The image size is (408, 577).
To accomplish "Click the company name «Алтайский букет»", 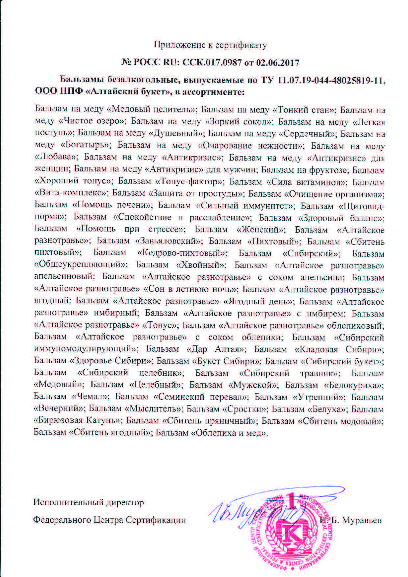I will [127, 92].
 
